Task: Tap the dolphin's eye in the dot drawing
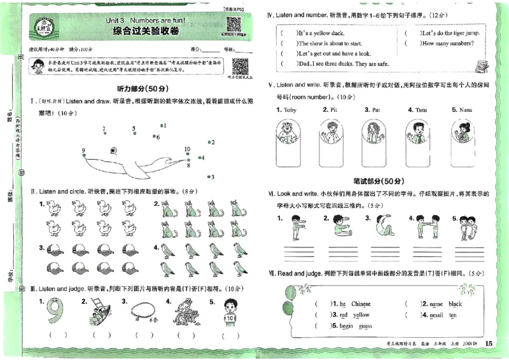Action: pos(113,151)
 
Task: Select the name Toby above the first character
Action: pos(290,110)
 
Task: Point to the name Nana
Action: pos(465,110)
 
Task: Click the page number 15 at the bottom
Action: pos(488,344)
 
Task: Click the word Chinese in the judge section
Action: pos(360,304)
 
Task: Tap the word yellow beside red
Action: pos(361,315)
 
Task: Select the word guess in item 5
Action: pos(365,326)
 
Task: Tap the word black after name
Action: pos(455,304)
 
